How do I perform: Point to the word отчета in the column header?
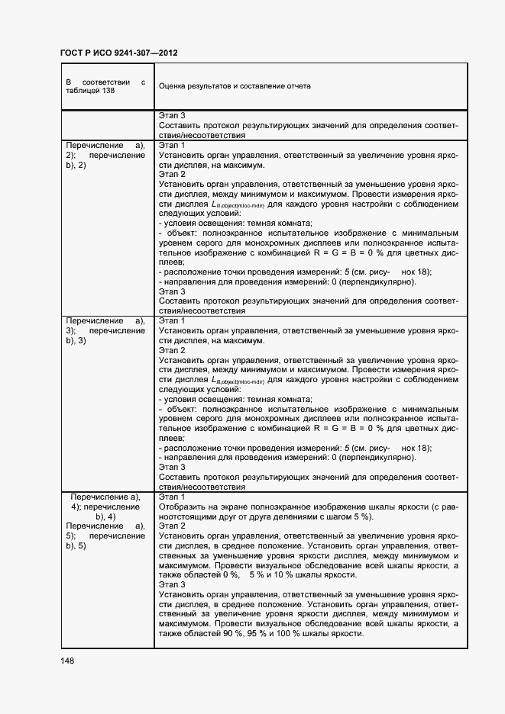point(298,86)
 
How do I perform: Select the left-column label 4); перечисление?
point(105,507)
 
